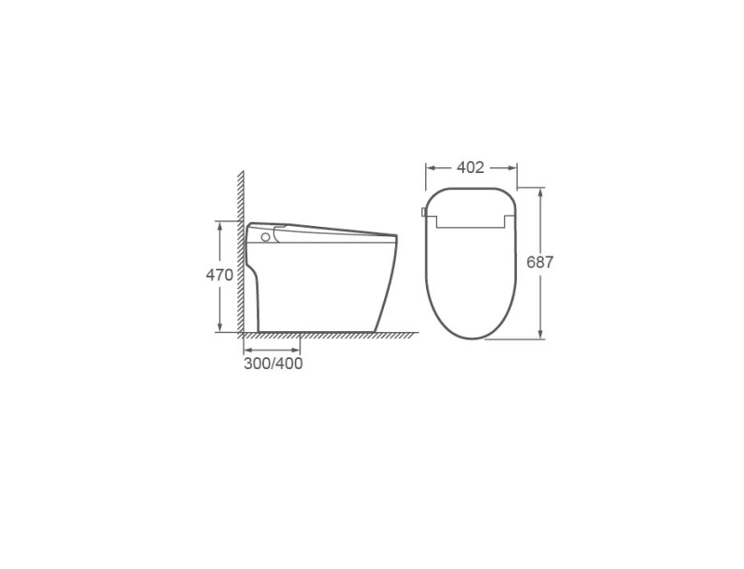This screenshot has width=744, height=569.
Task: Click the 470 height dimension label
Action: point(219,275)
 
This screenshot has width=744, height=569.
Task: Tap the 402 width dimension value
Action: point(471,167)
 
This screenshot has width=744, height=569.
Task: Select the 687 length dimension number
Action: point(540,262)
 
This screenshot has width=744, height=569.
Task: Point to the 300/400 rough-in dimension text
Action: point(273,364)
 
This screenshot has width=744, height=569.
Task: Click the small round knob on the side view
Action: point(266,236)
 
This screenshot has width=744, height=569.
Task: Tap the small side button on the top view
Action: point(423,211)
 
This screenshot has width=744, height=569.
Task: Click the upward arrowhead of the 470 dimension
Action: point(219,226)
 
